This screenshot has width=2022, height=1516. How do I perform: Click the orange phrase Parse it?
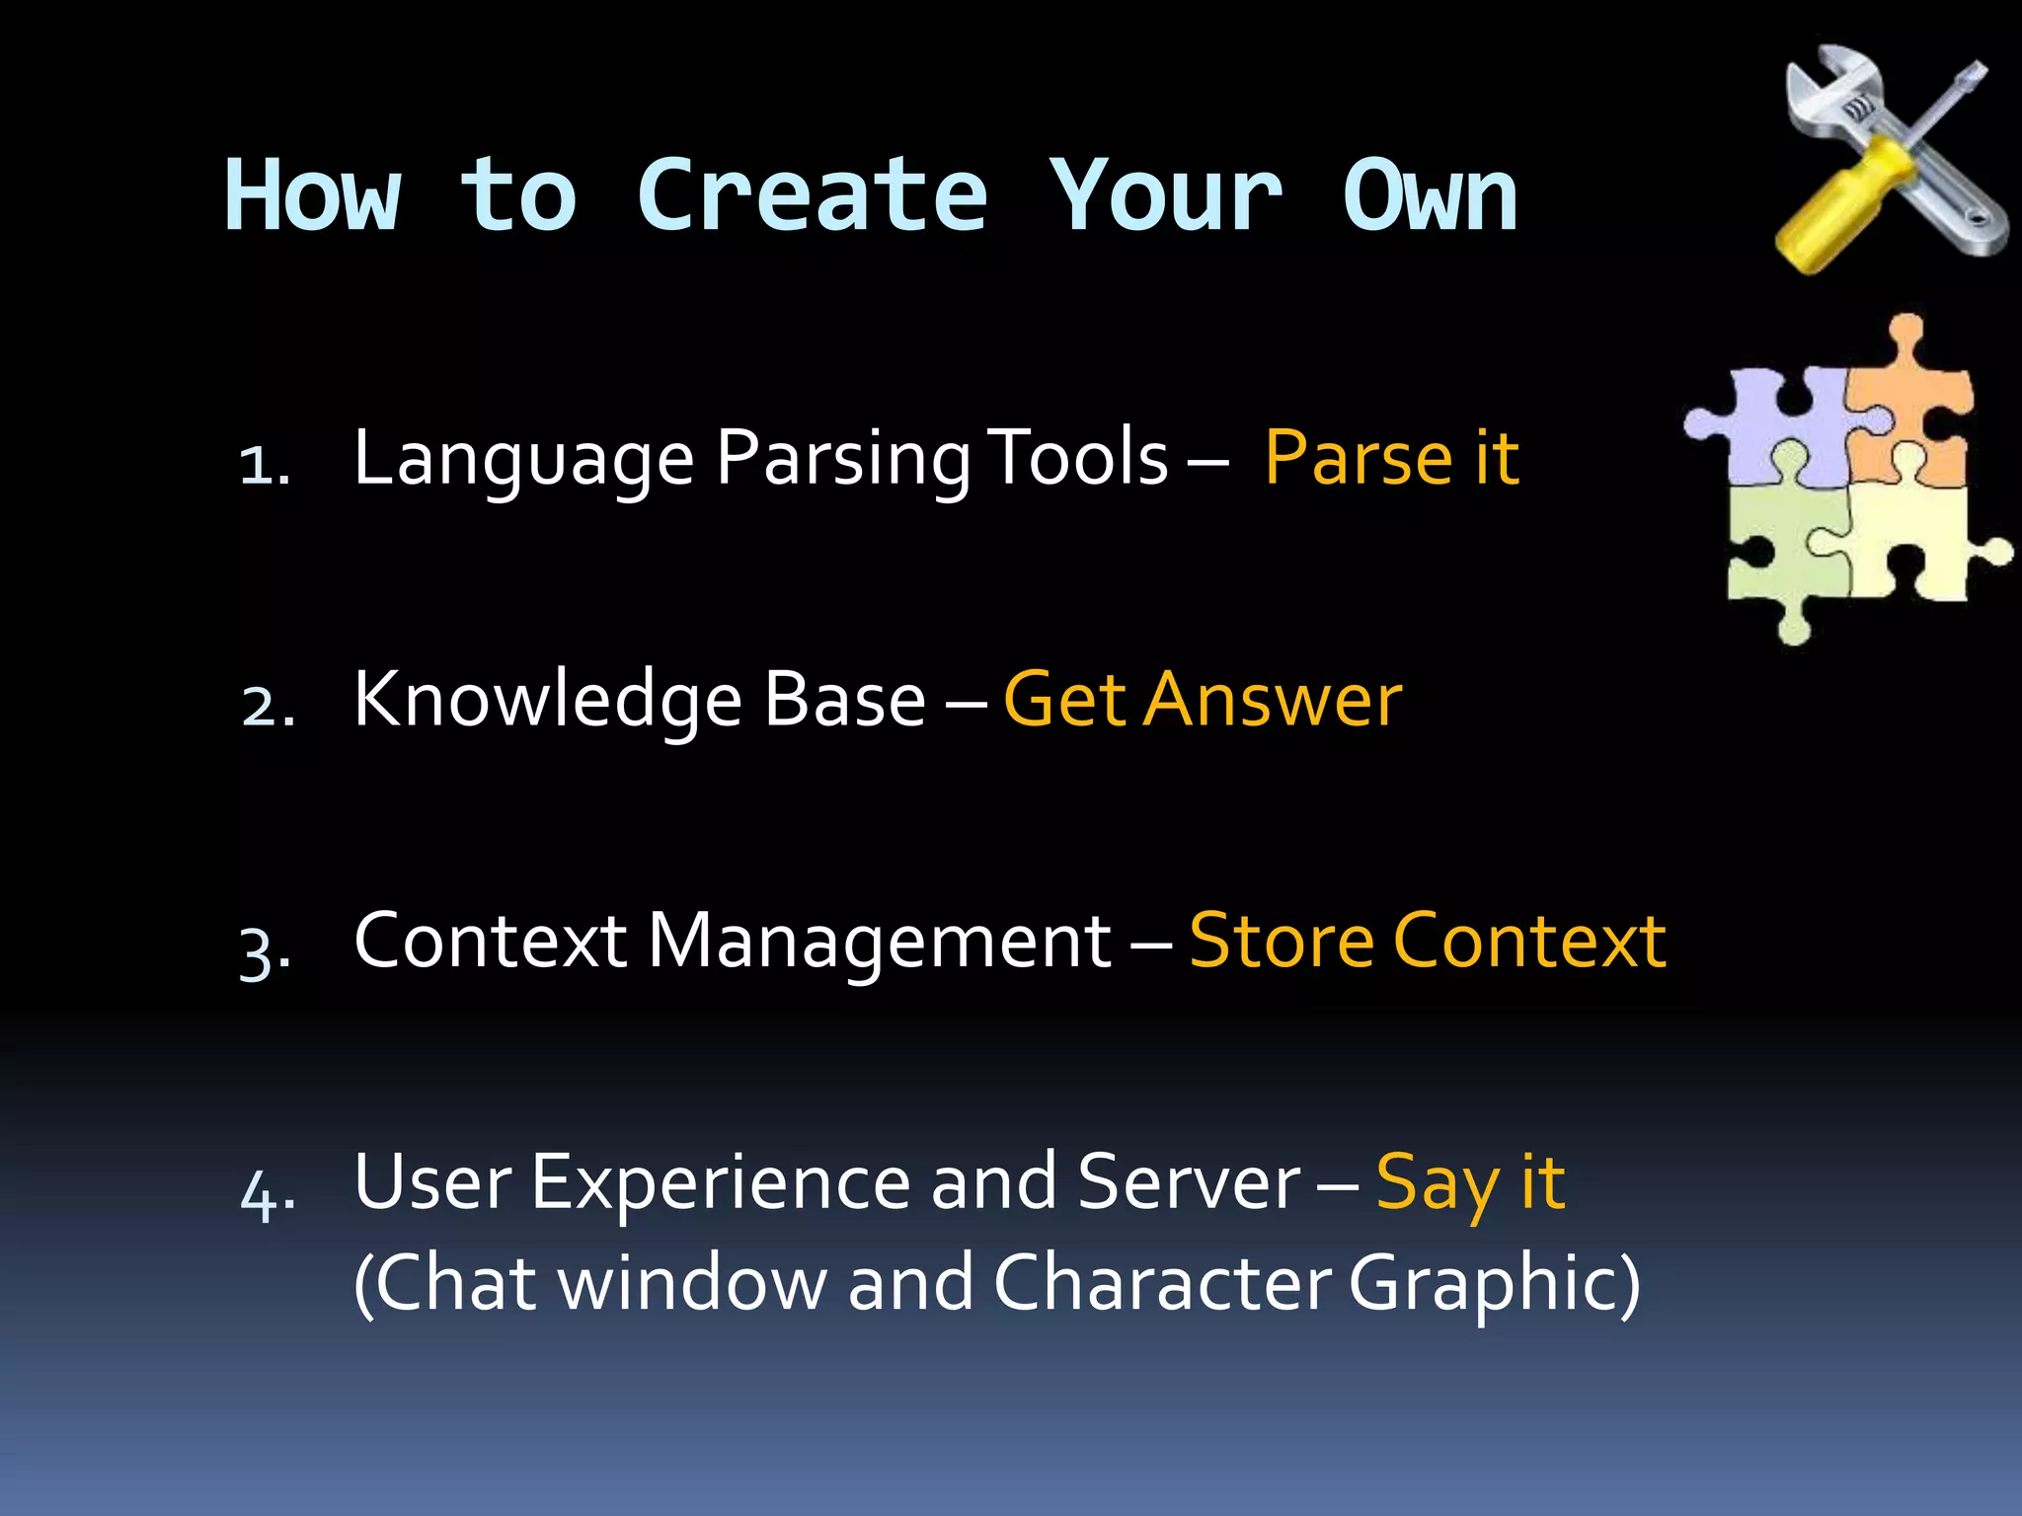click(1390, 458)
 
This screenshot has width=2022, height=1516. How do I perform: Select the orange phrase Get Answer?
click(1202, 699)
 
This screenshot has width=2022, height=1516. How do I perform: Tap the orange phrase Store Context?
click(1427, 940)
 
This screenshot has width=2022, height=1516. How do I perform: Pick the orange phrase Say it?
click(1469, 1182)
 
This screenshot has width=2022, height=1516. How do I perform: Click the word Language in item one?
click(523, 460)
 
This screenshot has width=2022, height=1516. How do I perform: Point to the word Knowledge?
click(547, 699)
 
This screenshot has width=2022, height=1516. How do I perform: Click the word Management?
click(879, 940)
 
